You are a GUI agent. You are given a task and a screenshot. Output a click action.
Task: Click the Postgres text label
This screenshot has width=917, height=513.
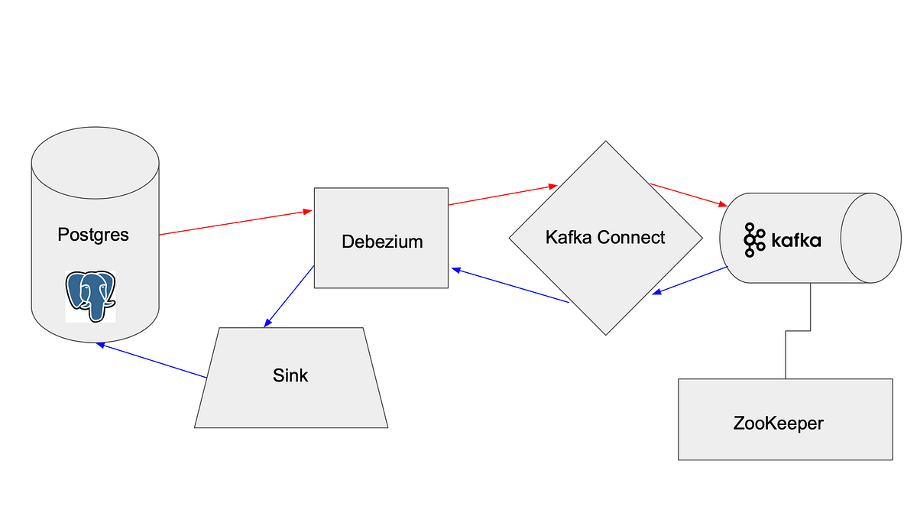pyautogui.click(x=93, y=234)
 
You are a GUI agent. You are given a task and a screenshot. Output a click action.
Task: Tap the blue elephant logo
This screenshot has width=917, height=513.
pyautogui.click(x=90, y=296)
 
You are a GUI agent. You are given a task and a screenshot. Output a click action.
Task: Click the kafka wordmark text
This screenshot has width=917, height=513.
pyautogui.click(x=795, y=241)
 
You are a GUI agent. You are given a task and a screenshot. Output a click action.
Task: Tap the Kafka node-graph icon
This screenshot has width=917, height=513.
pyautogui.click(x=753, y=240)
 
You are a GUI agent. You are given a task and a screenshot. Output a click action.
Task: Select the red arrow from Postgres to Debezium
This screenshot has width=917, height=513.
pyautogui.click(x=235, y=222)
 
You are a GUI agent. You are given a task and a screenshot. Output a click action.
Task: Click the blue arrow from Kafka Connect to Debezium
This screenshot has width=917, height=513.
pyautogui.click(x=510, y=285)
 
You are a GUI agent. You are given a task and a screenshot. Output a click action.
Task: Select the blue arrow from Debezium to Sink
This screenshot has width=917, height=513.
pyautogui.click(x=289, y=296)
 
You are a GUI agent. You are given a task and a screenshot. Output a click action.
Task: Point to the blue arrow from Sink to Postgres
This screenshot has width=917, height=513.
pyautogui.click(x=153, y=361)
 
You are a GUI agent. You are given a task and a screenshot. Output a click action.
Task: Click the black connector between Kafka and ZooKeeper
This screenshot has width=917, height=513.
pyautogui.click(x=798, y=330)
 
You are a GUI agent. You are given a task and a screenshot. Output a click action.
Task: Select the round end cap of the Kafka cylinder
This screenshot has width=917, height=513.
pyautogui.click(x=870, y=238)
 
